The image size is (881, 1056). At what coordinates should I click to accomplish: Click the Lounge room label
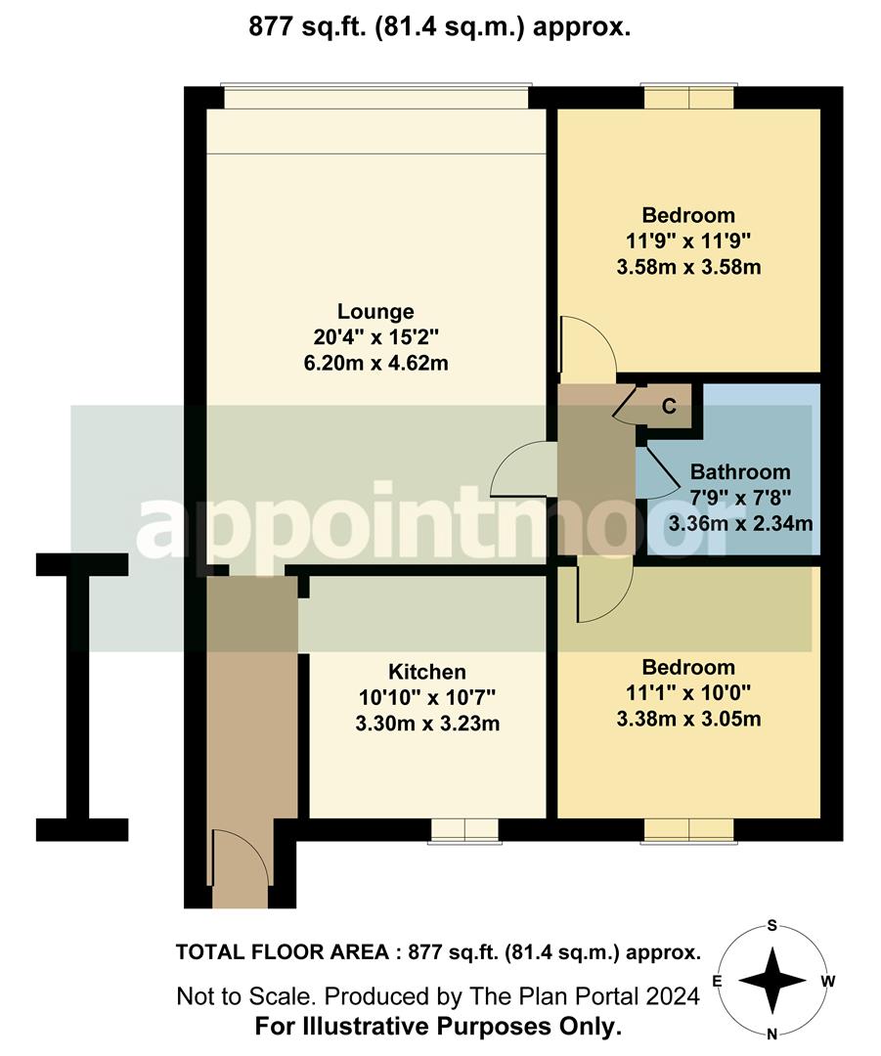click(x=375, y=312)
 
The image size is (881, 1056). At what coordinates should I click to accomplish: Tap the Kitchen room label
click(x=427, y=672)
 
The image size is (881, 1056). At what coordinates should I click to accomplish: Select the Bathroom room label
click(x=740, y=472)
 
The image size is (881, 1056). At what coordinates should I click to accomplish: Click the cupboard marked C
click(x=669, y=406)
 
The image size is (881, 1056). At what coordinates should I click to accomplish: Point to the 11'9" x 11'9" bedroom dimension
click(x=687, y=241)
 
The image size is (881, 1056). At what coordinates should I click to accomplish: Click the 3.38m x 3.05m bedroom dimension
click(x=688, y=721)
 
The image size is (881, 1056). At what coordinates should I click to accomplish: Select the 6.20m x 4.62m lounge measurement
click(x=375, y=363)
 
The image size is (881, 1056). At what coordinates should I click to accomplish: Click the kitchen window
click(x=465, y=829)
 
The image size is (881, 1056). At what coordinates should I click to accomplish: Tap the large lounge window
click(x=376, y=98)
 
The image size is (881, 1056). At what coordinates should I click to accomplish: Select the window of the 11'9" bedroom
click(x=688, y=98)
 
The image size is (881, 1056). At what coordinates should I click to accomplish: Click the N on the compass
click(x=771, y=1034)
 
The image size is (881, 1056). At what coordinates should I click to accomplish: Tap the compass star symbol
click(x=771, y=980)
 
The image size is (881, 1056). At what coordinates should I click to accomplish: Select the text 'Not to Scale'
click(x=242, y=996)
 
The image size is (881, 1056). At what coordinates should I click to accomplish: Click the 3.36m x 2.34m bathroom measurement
click(x=740, y=524)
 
